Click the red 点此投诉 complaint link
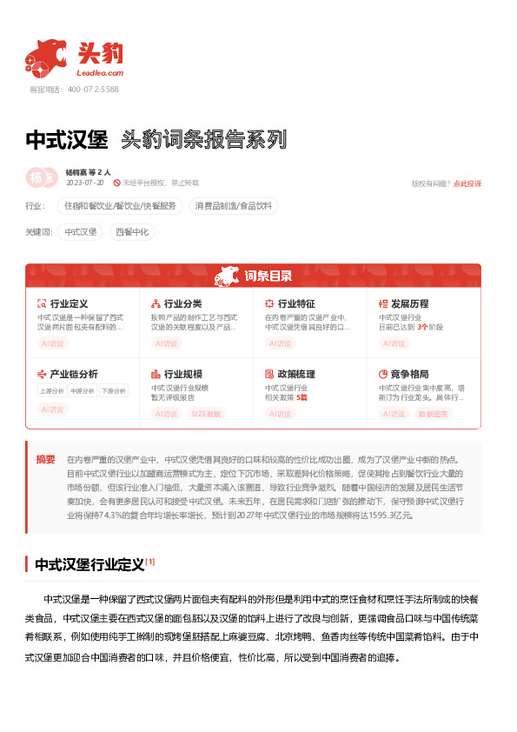(467, 183)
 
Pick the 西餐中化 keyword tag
(132, 232)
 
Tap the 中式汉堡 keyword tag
(81, 232)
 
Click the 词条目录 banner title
(268, 276)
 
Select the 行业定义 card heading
(70, 303)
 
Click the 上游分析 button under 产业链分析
(52, 391)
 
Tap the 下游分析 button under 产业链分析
(113, 391)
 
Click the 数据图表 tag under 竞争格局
(434, 414)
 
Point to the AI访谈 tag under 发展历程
(395, 343)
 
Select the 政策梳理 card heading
(296, 374)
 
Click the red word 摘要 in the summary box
(45, 458)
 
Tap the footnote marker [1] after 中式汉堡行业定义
(150, 562)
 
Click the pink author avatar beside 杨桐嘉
(39, 176)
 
